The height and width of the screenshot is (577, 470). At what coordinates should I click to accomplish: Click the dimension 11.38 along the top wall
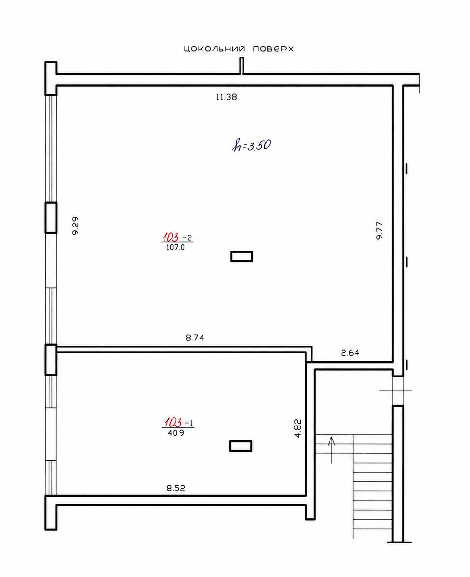click(226, 97)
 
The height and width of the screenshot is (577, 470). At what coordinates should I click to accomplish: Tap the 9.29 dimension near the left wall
click(76, 226)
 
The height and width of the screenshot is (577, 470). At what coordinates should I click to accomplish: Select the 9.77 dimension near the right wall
click(380, 230)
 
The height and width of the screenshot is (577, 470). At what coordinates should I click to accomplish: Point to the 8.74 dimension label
click(195, 338)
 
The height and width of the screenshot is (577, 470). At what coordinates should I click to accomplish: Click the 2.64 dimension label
click(350, 353)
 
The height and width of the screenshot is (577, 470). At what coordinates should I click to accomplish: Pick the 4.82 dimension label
click(298, 428)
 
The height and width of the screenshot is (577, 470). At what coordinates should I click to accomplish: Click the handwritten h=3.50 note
click(252, 146)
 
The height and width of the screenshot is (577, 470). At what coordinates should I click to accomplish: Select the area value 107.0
click(176, 247)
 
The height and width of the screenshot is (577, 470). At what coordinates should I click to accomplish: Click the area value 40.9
click(176, 433)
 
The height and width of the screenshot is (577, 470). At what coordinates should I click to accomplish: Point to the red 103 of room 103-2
click(171, 238)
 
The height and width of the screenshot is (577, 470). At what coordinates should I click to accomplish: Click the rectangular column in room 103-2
click(241, 256)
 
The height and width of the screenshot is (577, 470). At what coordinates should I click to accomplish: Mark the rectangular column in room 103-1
click(241, 446)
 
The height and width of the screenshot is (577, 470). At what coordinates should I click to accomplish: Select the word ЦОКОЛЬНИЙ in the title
click(215, 49)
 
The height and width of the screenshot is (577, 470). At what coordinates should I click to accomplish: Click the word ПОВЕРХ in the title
click(273, 49)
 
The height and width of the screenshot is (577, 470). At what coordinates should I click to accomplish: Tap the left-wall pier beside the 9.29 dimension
click(51, 217)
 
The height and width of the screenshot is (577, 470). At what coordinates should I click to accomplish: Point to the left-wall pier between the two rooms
click(51, 360)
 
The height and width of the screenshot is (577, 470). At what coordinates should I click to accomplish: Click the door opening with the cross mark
click(398, 391)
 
